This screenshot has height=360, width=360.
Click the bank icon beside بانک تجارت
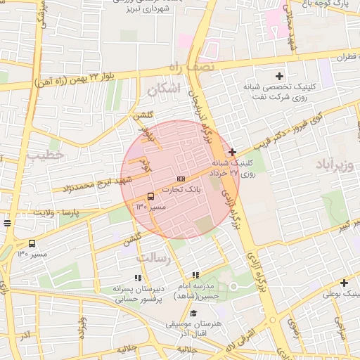[181, 179]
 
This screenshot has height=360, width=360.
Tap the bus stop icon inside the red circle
[150, 196]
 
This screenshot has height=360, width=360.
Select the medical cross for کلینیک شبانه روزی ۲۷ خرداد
[233, 152]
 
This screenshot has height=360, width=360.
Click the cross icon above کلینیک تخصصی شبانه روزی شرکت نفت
[279, 76]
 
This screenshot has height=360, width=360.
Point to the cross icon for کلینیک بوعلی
[344, 283]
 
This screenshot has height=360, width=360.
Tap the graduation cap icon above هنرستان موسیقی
[193, 314]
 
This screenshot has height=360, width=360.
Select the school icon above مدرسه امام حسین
[195, 275]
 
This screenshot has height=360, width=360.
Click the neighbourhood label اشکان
[165, 88]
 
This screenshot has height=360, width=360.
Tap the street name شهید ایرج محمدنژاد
[88, 186]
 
